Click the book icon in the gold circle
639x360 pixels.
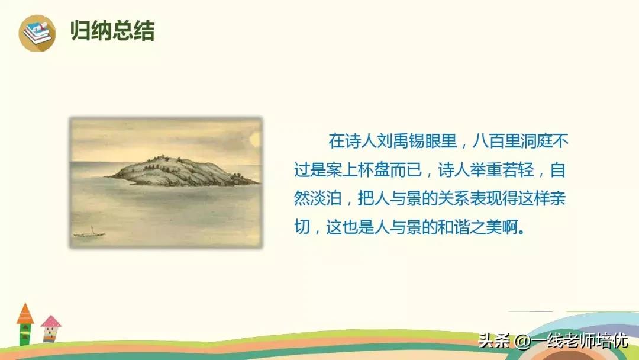(37, 33)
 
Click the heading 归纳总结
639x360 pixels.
(112, 31)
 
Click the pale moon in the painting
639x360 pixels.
(256, 140)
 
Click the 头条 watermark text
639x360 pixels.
(493, 341)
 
